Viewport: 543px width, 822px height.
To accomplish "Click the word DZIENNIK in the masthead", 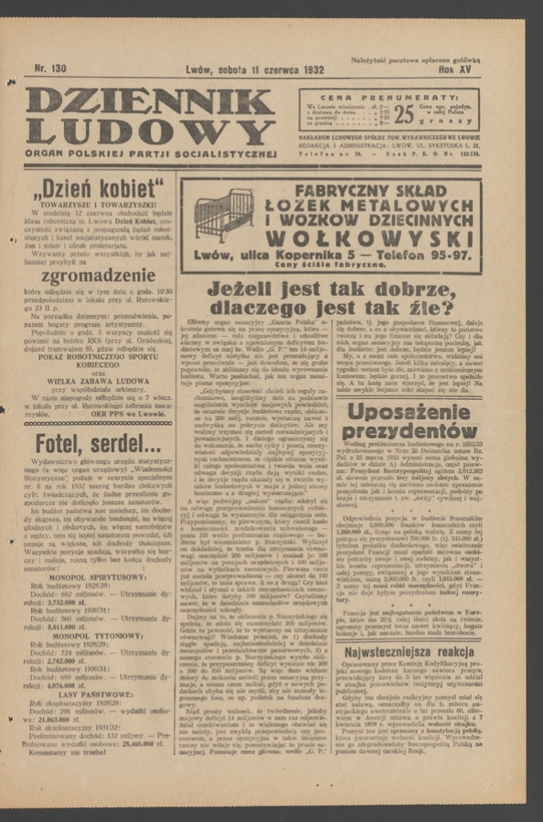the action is [150, 101].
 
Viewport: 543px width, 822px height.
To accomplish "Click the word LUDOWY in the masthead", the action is [150, 132].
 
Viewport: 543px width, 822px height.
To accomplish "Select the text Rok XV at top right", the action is [457, 69].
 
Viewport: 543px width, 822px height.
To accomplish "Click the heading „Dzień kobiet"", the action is [99, 191].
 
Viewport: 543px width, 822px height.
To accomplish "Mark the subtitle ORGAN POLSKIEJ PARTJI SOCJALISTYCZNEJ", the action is [150, 153].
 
